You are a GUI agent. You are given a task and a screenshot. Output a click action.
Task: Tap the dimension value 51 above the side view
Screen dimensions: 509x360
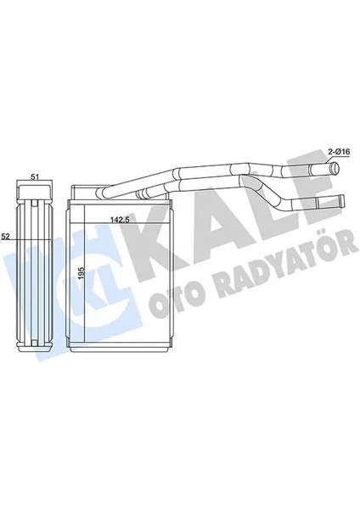pos(35,176)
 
